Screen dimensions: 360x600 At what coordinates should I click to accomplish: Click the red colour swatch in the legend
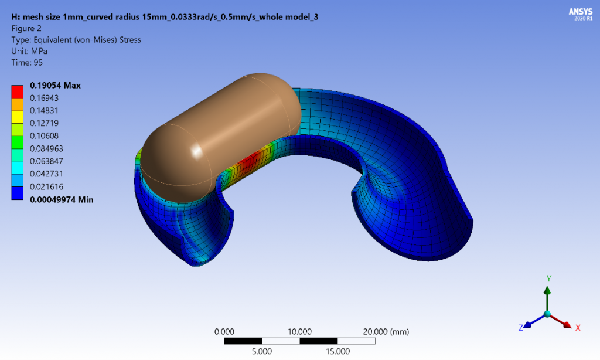18,91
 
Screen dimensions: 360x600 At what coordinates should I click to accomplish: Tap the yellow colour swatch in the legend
18,117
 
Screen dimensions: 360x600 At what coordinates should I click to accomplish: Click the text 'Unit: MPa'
30,51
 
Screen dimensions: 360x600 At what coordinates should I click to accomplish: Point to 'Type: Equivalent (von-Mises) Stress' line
76,40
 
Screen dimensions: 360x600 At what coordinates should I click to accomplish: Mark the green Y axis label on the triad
548,279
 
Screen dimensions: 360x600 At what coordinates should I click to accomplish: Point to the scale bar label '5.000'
261,352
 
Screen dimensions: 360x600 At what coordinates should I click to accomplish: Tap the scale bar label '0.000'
224,332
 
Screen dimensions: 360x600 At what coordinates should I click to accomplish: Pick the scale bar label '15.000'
337,352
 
